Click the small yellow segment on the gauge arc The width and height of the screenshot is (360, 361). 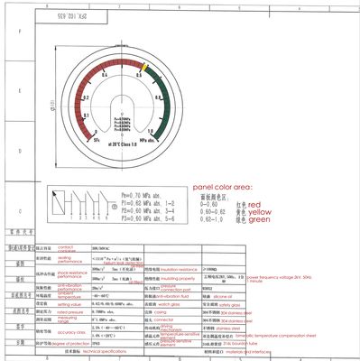tap(144, 68)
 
